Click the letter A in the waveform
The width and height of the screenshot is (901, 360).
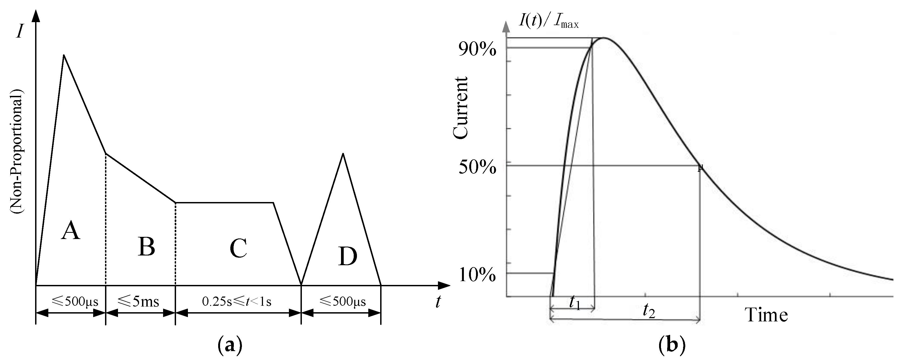click(71, 231)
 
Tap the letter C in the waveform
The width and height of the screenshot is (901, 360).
click(238, 248)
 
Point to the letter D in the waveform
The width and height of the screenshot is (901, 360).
click(348, 257)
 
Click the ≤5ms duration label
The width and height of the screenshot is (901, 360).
click(139, 301)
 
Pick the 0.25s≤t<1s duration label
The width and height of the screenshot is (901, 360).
click(237, 301)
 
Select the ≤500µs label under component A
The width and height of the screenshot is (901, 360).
click(75, 301)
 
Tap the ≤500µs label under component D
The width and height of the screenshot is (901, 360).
click(343, 301)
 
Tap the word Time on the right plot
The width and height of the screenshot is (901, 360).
click(766, 315)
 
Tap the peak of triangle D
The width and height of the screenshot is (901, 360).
click(343, 154)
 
